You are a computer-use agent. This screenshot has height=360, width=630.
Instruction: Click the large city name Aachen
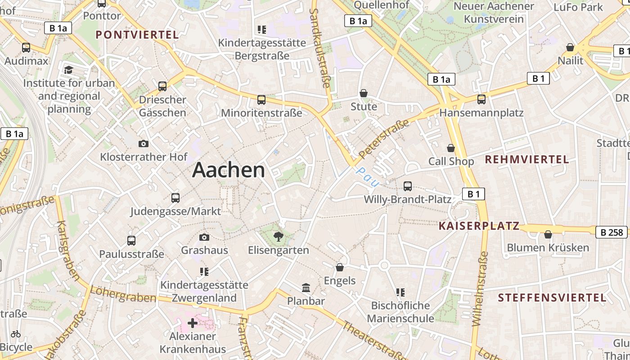(x=229, y=170)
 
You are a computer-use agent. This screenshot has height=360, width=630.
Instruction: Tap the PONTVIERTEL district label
(x=137, y=35)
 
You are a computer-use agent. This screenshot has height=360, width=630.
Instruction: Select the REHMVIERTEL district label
(x=527, y=159)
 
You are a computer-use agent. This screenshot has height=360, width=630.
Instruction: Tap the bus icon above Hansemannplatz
(x=481, y=99)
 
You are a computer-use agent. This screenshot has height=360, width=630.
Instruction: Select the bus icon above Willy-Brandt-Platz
(x=408, y=186)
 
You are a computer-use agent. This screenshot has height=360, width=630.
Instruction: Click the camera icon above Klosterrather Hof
(x=144, y=144)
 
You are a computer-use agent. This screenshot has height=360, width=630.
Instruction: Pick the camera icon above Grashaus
(x=204, y=237)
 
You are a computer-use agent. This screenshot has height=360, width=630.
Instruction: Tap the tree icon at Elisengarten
(x=279, y=237)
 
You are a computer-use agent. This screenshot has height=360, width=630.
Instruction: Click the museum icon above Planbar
(x=306, y=288)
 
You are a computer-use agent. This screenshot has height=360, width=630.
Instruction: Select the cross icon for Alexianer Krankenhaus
(x=193, y=323)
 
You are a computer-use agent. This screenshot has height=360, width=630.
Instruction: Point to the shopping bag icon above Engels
(x=340, y=267)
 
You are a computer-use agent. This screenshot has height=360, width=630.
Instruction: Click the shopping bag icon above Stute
(x=364, y=93)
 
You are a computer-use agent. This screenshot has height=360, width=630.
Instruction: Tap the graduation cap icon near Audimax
(x=68, y=70)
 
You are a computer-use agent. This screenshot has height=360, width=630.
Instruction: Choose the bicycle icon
(x=16, y=334)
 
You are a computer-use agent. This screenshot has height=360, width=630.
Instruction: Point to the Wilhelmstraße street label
(x=480, y=288)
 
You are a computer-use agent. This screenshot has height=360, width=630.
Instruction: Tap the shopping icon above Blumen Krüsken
(x=548, y=234)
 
